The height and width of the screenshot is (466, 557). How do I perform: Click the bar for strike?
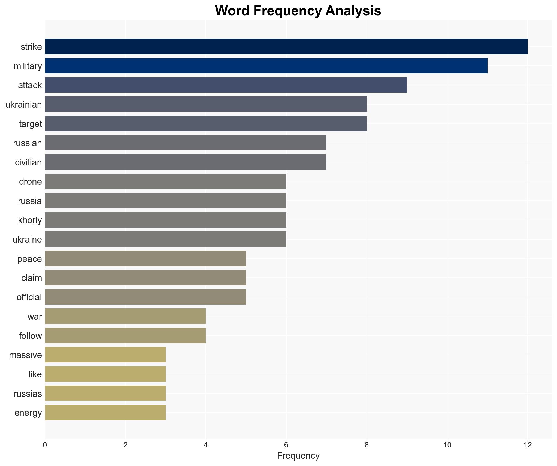pyautogui.click(x=286, y=47)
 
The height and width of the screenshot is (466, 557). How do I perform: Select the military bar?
pyautogui.click(x=266, y=66)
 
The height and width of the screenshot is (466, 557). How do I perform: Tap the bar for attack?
pyautogui.click(x=226, y=85)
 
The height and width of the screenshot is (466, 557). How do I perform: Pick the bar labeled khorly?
pyautogui.click(x=165, y=220)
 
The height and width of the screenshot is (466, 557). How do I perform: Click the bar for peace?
pyautogui.click(x=145, y=259)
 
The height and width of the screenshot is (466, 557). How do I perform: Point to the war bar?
pyautogui.click(x=125, y=316)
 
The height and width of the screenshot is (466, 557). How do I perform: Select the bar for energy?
pyautogui.click(x=105, y=413)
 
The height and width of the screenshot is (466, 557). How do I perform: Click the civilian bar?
pyautogui.click(x=186, y=162)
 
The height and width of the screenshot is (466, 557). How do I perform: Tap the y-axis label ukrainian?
pyautogui.click(x=24, y=105)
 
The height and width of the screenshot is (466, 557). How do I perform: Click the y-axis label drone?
pyautogui.click(x=30, y=182)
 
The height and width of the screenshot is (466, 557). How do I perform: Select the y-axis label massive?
pyautogui.click(x=25, y=355)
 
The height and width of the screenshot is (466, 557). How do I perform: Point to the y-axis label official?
pyautogui.click(x=29, y=297)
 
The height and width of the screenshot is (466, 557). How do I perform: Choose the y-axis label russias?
pyautogui.click(x=28, y=394)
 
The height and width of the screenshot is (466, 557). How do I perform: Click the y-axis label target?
pyautogui.click(x=30, y=124)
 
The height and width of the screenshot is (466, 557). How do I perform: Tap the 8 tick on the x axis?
pyautogui.click(x=367, y=445)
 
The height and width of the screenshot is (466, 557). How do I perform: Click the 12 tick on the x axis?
pyautogui.click(x=528, y=445)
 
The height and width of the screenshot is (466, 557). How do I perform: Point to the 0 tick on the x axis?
pyautogui.click(x=45, y=445)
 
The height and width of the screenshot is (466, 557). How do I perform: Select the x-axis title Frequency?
pyautogui.click(x=298, y=456)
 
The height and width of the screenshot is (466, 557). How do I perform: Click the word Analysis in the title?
pyautogui.click(x=353, y=11)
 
